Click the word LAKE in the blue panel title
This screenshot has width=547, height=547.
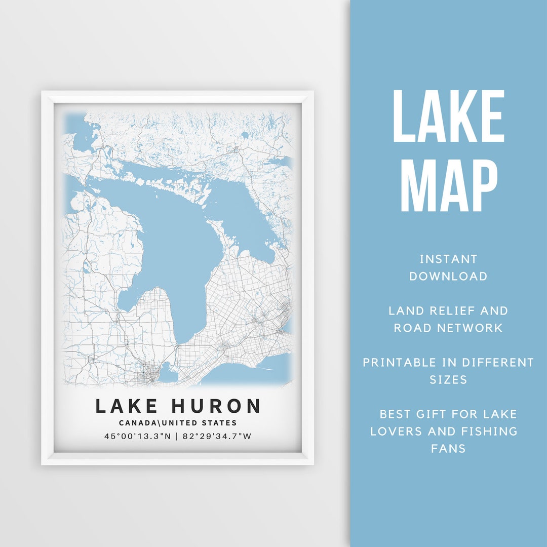[448, 116]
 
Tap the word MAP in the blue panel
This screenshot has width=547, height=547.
[448, 185]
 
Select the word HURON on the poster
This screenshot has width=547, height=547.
[216, 406]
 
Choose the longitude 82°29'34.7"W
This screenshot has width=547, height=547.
[216, 436]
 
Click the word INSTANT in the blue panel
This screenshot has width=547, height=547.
[448, 259]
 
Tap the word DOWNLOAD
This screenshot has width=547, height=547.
[448, 277]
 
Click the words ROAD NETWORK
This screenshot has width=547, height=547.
[448, 328]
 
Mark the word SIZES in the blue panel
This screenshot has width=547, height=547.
[448, 379]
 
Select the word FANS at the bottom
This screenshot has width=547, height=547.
[448, 448]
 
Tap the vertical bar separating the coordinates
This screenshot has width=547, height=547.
[176, 436]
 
